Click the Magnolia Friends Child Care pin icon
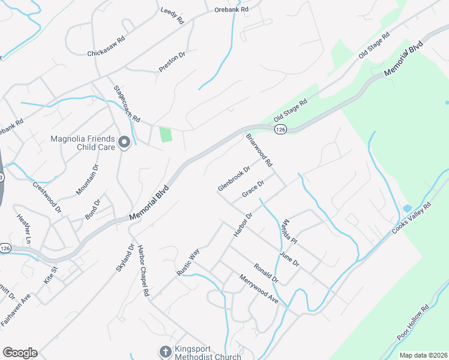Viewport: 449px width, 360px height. tap(124, 142)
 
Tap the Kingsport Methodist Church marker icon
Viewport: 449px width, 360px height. tap(165, 350)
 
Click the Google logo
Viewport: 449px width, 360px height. tap(20, 353)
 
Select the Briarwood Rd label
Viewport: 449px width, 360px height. tap(259, 151)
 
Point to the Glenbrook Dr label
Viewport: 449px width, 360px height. tap(234, 179)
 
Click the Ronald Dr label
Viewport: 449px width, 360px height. tap(266, 273)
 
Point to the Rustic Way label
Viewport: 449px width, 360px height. tap(188, 263)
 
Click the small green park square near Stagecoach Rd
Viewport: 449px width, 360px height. tap(166, 134)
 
